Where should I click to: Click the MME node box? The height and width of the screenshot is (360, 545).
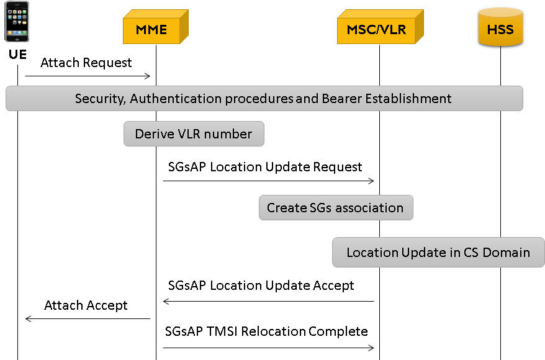[x=155, y=27]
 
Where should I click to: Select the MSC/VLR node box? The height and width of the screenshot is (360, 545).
[x=381, y=27]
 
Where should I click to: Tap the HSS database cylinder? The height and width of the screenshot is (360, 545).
[x=500, y=27]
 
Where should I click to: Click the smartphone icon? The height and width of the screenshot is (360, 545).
[x=17, y=22]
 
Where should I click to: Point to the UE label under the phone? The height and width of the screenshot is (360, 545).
[x=18, y=55]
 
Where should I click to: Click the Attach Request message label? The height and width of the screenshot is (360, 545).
[x=86, y=63]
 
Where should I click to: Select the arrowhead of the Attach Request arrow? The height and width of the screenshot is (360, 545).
[x=148, y=76]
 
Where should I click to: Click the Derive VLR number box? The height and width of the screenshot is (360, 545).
[x=194, y=134]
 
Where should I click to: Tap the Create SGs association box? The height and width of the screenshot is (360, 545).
[x=336, y=207]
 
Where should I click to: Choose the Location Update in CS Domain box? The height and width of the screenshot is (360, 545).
[x=438, y=252]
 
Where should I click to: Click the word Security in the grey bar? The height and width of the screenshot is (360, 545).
[x=100, y=99]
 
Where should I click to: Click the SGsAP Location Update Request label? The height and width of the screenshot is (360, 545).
[x=265, y=167]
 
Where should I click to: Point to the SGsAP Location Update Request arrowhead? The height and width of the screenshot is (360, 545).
[x=372, y=181]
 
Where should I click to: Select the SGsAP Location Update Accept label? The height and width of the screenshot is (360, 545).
[x=261, y=286]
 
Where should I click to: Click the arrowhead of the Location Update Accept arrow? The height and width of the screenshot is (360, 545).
[x=166, y=301]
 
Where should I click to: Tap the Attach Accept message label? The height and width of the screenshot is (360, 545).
[x=86, y=305]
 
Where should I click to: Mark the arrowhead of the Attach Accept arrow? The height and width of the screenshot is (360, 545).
[x=28, y=318]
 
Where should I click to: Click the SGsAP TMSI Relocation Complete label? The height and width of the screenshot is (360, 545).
[x=266, y=331]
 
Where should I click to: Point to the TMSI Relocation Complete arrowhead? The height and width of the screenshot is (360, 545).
[x=372, y=348]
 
